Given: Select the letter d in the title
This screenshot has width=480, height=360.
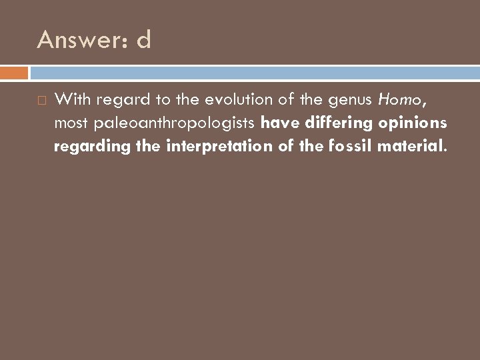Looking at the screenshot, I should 143,41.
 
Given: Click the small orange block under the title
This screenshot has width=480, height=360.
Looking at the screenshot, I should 14,72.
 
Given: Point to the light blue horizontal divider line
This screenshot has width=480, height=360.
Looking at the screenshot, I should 253,68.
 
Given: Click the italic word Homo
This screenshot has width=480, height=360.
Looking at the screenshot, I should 399,101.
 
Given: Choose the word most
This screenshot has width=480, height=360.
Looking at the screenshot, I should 71,123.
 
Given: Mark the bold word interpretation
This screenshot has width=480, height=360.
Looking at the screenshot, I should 204,146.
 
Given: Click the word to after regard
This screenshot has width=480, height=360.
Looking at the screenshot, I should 151,101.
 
